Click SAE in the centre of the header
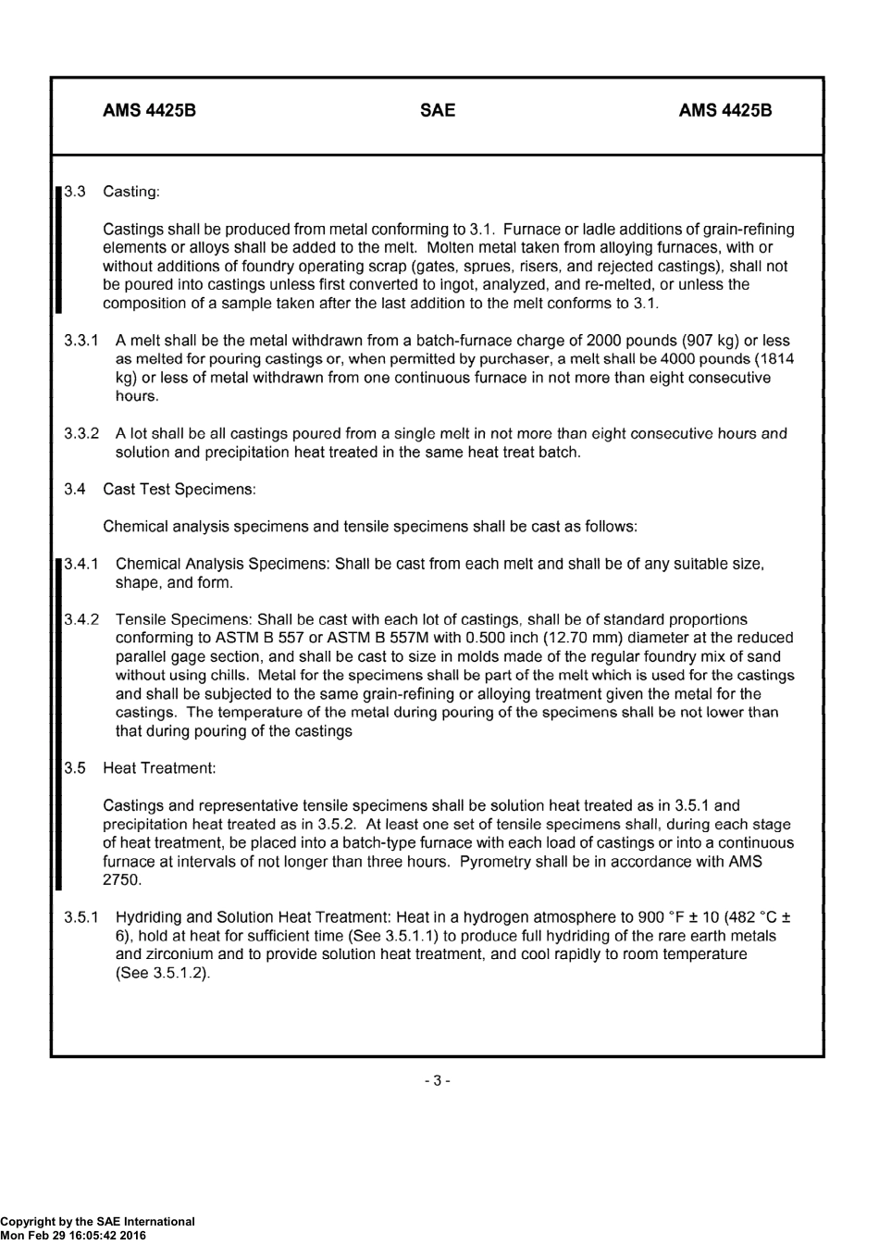point(438,110)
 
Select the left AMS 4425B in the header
point(149,110)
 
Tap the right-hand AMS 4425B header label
point(724,110)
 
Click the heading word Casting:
point(131,192)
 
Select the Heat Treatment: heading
point(159,768)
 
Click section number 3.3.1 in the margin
point(81,341)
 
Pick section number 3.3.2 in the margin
point(81,433)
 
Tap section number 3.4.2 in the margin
point(81,619)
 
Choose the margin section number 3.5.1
point(81,917)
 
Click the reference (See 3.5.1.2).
point(163,973)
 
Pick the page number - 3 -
point(437,1080)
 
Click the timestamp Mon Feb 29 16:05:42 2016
point(73,1235)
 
